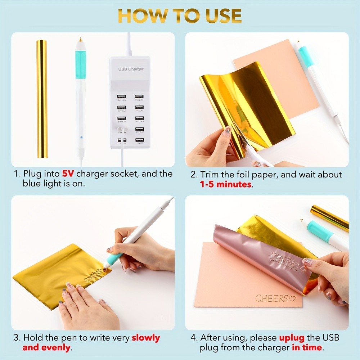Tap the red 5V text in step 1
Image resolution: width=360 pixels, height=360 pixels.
68,174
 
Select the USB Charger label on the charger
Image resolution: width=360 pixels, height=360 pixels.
131,69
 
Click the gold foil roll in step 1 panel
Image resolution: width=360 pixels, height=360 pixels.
42,99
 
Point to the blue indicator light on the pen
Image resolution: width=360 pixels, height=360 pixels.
82,138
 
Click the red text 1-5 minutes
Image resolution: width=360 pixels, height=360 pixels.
226,184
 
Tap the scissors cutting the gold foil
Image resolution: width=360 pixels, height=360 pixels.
254,155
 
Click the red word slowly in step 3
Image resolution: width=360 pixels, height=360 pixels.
145,338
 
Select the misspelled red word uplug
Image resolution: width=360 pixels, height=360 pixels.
292,338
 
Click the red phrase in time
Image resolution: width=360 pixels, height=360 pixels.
307,347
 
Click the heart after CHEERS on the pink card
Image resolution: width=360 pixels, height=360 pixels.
292,298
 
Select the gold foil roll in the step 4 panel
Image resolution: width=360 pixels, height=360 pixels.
329,218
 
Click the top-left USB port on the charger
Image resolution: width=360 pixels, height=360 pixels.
121,96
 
